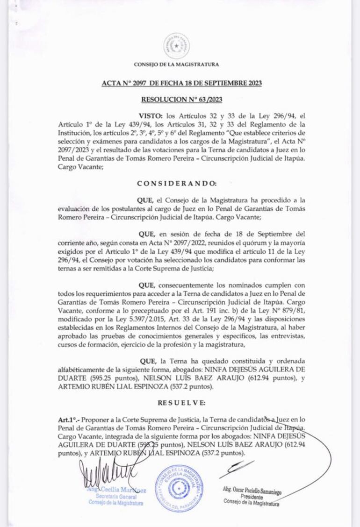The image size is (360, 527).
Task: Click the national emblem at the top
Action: (x=176, y=46)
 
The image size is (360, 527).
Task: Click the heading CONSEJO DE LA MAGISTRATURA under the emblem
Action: (x=176, y=64)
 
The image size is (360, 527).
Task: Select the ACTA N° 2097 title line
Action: (x=182, y=84)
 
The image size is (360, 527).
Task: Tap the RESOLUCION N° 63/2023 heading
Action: (x=182, y=99)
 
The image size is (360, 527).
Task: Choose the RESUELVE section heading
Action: (x=181, y=402)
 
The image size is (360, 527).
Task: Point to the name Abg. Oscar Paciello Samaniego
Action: (x=252, y=491)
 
